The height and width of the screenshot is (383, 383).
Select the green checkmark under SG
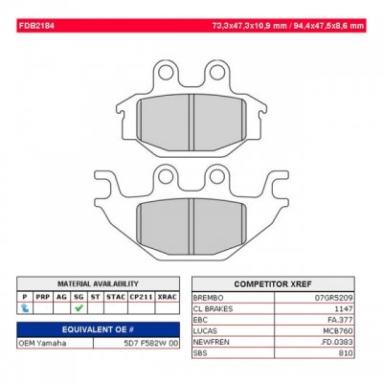pyautogui.click(x=80, y=307)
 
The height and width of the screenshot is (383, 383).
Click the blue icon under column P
pyautogui.click(x=24, y=307)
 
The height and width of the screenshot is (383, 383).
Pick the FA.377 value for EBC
pyautogui.click(x=349, y=319)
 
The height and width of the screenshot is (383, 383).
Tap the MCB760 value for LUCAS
pyautogui.click(x=348, y=330)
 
